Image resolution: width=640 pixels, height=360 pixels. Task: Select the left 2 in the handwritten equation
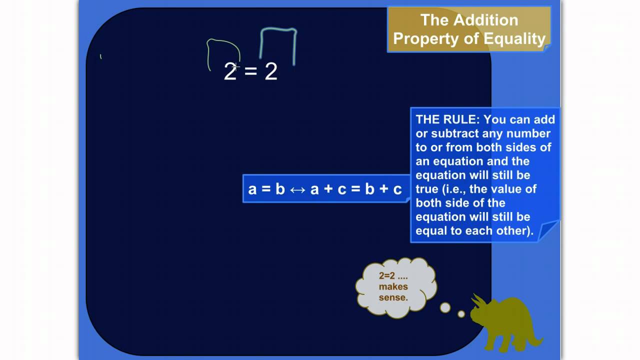229,72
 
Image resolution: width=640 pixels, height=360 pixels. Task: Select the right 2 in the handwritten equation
270,72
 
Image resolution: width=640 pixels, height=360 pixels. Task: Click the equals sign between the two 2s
250,72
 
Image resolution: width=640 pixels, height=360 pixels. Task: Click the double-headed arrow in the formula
297,189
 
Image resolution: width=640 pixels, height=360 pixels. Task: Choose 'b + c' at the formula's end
383,189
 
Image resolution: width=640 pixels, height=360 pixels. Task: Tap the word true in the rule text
426,189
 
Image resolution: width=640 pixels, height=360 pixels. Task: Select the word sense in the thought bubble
393,297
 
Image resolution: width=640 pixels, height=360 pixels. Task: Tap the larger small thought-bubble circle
445,307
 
